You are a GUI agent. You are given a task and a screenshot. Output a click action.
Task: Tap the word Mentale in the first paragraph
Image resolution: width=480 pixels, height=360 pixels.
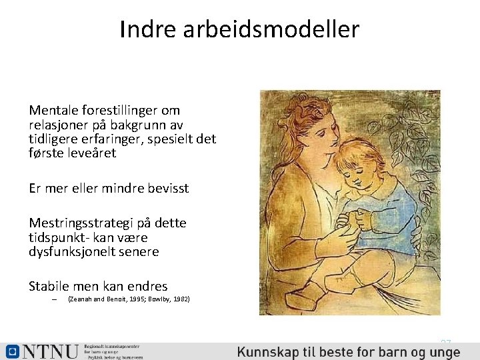click(x=53, y=110)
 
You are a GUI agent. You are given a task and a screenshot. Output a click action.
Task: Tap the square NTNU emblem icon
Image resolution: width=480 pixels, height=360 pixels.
click(x=12, y=351)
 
